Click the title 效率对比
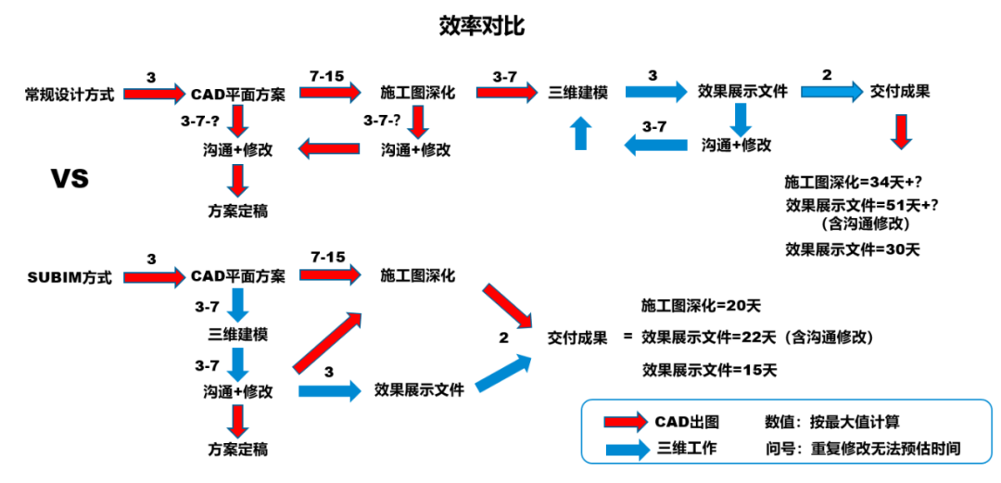point(481,25)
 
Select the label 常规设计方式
point(70,94)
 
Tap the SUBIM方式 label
point(70,277)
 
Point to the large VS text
point(70,177)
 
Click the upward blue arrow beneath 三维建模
point(580,133)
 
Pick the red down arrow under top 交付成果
point(900,132)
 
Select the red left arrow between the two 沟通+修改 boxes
point(327,147)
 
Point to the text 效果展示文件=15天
point(709,370)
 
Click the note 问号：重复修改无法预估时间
point(863,449)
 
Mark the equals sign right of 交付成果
point(627,337)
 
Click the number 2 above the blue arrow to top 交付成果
point(827,75)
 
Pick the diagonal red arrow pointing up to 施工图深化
point(326,342)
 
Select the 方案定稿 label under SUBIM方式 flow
point(238,450)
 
